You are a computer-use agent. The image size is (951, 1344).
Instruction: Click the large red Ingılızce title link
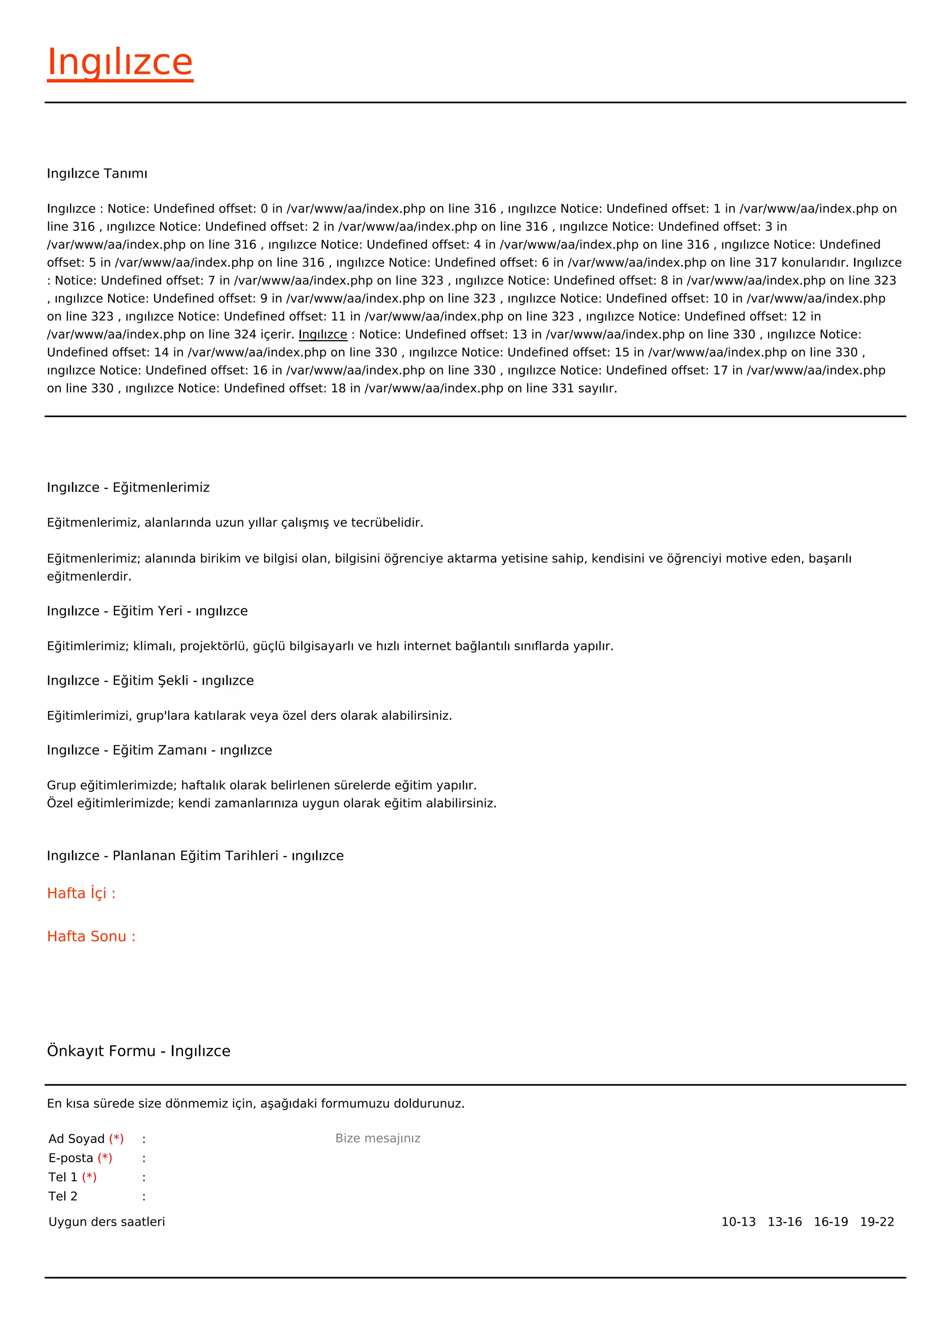(120, 63)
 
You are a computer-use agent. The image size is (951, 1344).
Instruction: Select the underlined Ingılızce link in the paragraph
(323, 334)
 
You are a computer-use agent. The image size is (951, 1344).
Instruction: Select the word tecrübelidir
(387, 522)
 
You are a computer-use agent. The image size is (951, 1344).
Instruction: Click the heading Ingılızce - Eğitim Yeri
(147, 611)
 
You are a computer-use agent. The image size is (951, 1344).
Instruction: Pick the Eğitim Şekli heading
(150, 680)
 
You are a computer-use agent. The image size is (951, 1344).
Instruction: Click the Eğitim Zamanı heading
(159, 750)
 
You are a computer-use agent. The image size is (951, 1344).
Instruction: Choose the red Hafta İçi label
(81, 893)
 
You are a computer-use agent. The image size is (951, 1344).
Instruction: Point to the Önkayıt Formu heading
(139, 1051)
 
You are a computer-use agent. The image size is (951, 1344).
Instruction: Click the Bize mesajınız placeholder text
(378, 1138)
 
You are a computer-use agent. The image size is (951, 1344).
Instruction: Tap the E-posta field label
(71, 1158)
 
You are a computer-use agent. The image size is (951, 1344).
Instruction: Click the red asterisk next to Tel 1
(89, 1177)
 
